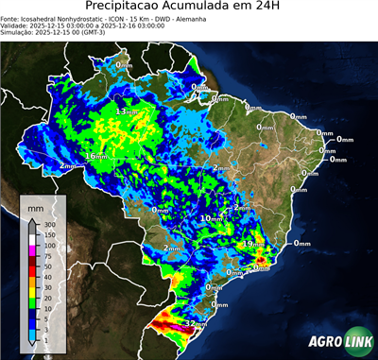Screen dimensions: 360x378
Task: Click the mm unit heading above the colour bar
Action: [35, 204]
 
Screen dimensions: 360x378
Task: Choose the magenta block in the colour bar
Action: [33, 251]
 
